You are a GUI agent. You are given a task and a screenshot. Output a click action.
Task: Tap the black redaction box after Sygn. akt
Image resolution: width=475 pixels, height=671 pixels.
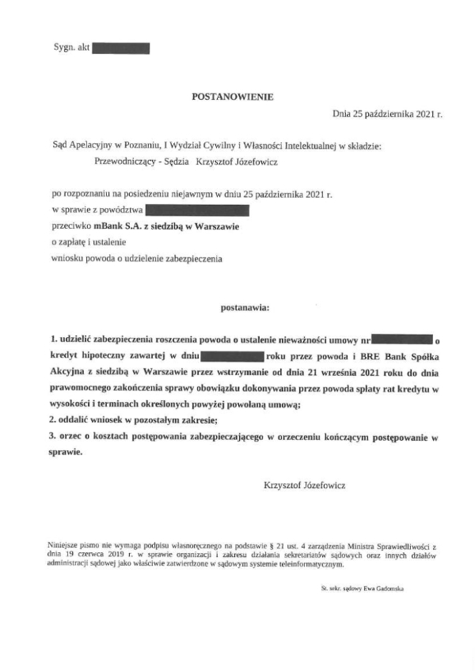tap(121, 48)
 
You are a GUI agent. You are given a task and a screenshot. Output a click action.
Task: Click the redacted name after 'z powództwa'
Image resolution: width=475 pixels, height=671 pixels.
tap(198, 210)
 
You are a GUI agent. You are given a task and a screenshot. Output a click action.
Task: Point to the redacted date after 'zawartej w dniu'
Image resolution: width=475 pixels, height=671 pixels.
tap(231, 356)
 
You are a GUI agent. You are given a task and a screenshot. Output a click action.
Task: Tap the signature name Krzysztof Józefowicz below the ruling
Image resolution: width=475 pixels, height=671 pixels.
tap(304, 484)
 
